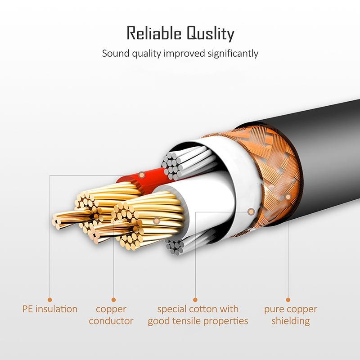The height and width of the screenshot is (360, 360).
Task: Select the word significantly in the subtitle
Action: [x=227, y=54]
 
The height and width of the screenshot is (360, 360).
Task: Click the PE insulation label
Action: [x=50, y=309]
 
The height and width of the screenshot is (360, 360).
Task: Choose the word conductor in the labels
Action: [x=111, y=321]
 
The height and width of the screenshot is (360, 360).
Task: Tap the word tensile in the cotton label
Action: [x=203, y=321]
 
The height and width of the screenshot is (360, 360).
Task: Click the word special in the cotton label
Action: [x=174, y=309]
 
